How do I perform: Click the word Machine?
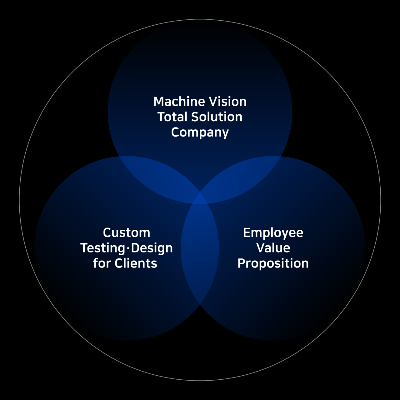tap(179, 102)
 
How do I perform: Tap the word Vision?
tap(227, 102)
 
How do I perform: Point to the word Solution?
tap(217, 117)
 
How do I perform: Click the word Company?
tap(200, 133)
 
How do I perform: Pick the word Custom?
tap(127, 233)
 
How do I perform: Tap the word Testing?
tap(103, 248)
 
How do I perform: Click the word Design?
tap(152, 248)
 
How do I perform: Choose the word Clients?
tap(136, 263)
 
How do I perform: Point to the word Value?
tap(273, 248)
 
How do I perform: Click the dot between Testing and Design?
tap(128, 248)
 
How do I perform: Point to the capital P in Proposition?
tap(242, 263)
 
